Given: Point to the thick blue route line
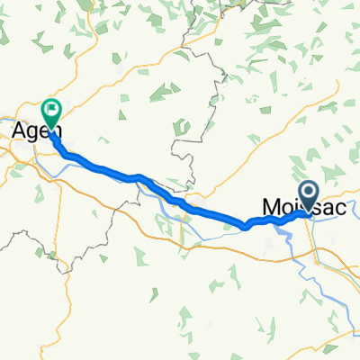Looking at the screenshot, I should click(x=180, y=202).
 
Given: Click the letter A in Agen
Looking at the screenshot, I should click(x=19, y=131).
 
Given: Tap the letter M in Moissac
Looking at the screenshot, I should click(x=270, y=207).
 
